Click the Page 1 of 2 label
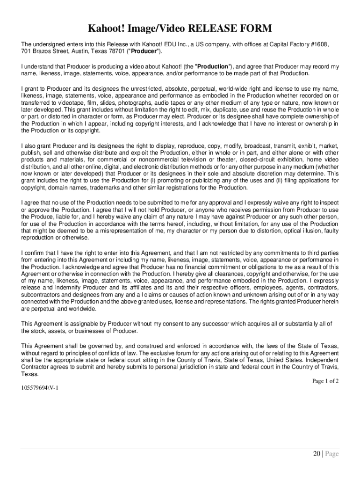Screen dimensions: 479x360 (325, 381)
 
